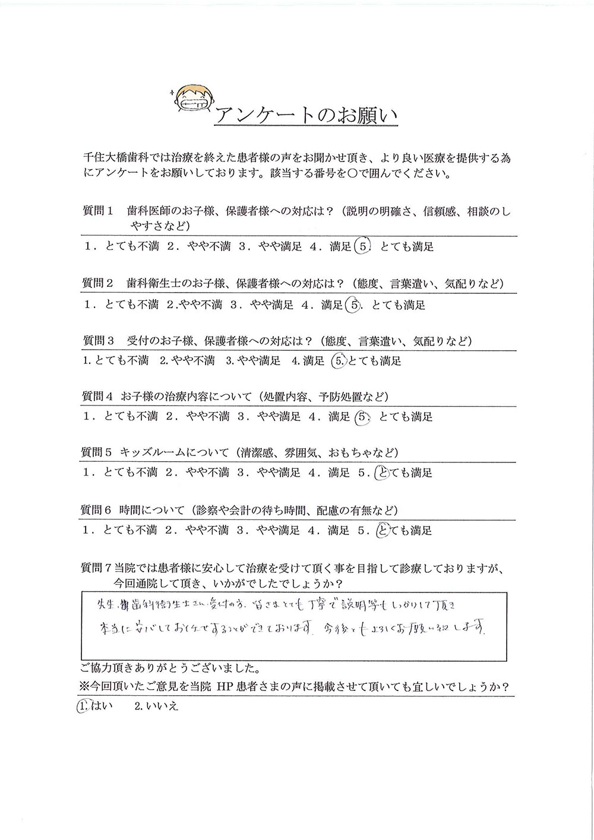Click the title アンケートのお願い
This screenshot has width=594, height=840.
pos(305,115)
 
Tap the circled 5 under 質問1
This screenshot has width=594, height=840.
pos(361,246)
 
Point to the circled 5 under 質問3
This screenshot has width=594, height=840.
pos(337,360)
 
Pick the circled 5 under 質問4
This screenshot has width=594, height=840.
pos(361,417)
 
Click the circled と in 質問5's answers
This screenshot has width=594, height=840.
pos(383,473)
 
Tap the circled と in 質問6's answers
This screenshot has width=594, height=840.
pos(383,530)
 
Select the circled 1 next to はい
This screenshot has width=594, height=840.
pos(82,706)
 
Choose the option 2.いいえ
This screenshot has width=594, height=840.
pos(157,706)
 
